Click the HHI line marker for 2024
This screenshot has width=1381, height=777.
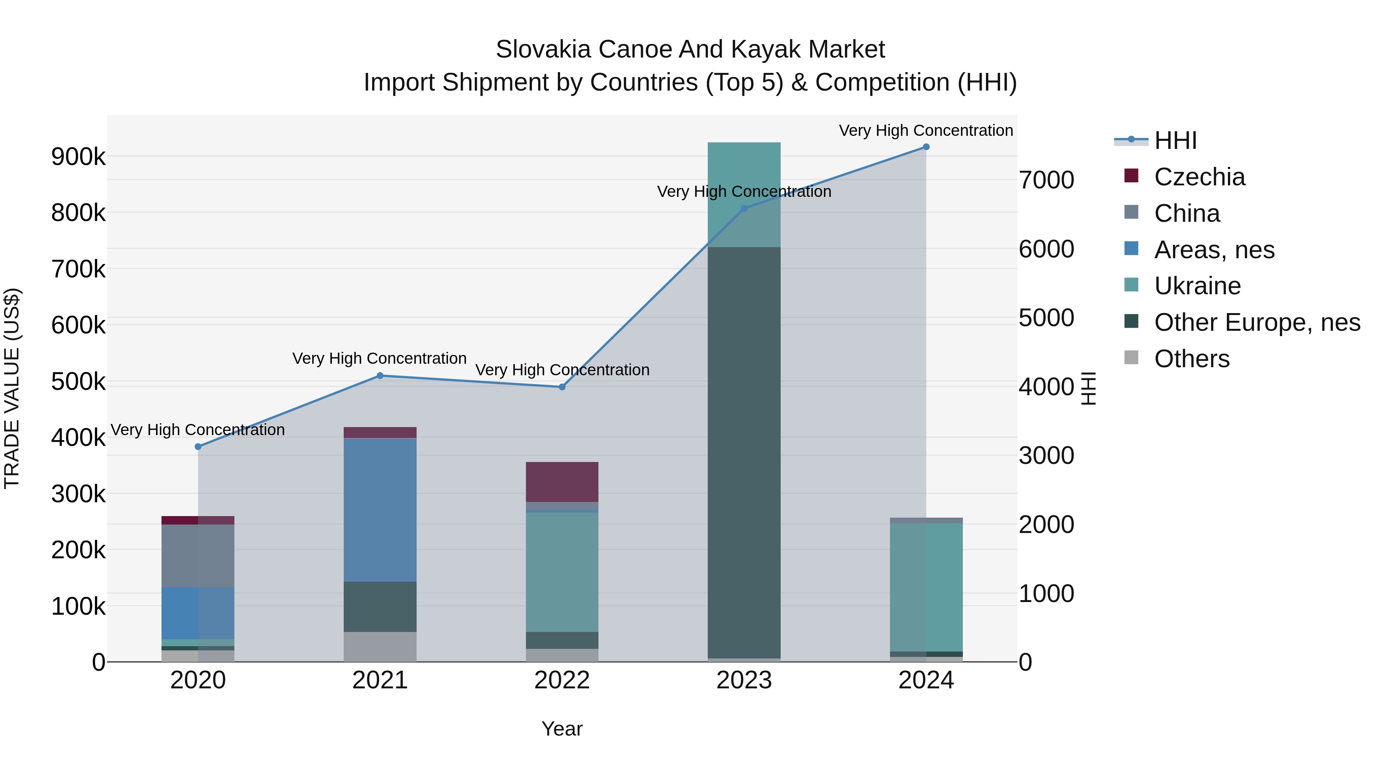(x=926, y=147)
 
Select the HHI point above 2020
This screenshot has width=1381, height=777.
(x=198, y=447)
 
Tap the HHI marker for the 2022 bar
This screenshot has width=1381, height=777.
(x=562, y=387)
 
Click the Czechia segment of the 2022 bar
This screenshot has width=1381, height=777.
(x=562, y=482)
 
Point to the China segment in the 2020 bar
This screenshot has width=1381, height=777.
(x=198, y=556)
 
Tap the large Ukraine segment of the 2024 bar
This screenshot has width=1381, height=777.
(x=926, y=587)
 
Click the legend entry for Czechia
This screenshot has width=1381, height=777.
(x=1199, y=177)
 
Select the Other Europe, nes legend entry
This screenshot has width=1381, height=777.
(x=1257, y=322)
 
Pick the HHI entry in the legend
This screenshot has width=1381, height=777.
(x=1175, y=140)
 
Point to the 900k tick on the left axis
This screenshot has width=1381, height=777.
(x=78, y=157)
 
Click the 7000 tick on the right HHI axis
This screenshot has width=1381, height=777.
(x=1046, y=180)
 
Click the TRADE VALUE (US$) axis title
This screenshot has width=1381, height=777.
(x=12, y=388)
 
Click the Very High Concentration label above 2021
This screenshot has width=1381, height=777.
(x=379, y=358)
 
